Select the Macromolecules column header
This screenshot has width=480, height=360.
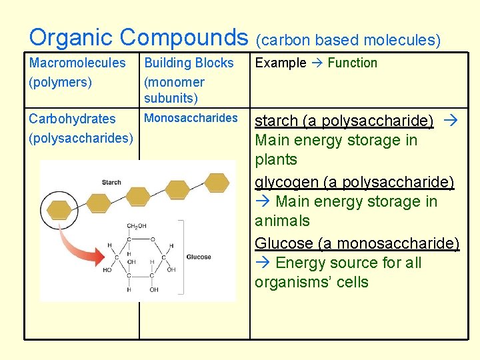(77, 63)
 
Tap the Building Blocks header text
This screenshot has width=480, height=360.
(189, 63)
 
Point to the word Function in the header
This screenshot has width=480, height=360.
(352, 63)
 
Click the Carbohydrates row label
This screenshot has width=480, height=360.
(72, 119)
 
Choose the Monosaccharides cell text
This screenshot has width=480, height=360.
(191, 118)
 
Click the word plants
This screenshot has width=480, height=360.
(275, 160)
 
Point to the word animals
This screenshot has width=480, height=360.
(282, 221)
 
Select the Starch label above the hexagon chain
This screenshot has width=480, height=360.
(111, 182)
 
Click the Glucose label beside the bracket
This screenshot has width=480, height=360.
(199, 257)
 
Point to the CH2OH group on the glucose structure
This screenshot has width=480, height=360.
(137, 227)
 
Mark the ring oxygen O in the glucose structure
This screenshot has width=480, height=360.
(153, 239)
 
